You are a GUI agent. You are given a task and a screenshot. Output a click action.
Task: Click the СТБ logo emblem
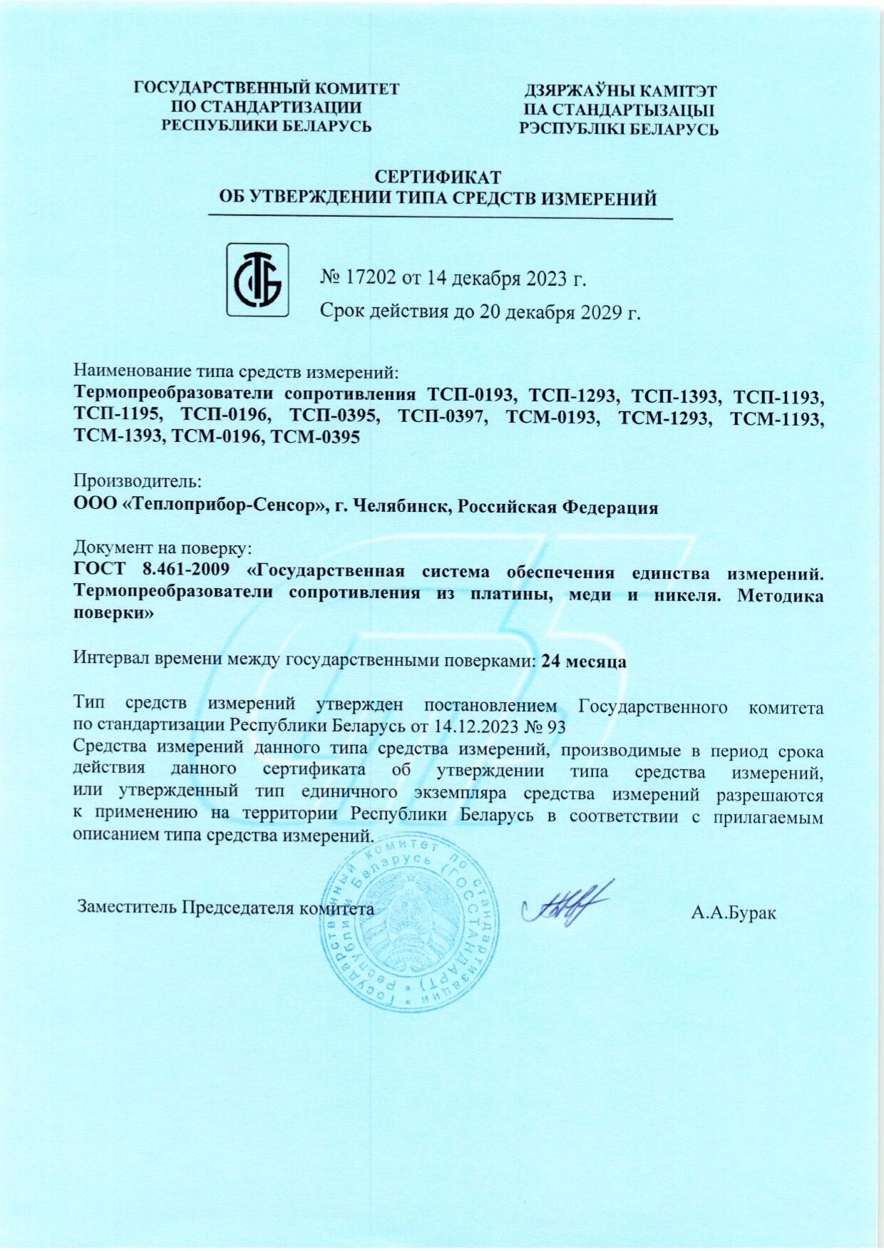coord(257,279)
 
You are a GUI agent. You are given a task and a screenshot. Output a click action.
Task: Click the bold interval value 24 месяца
coord(584,661)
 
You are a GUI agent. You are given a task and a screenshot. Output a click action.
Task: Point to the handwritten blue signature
coord(567,906)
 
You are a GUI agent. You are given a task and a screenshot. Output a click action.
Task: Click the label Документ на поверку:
coord(163,548)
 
